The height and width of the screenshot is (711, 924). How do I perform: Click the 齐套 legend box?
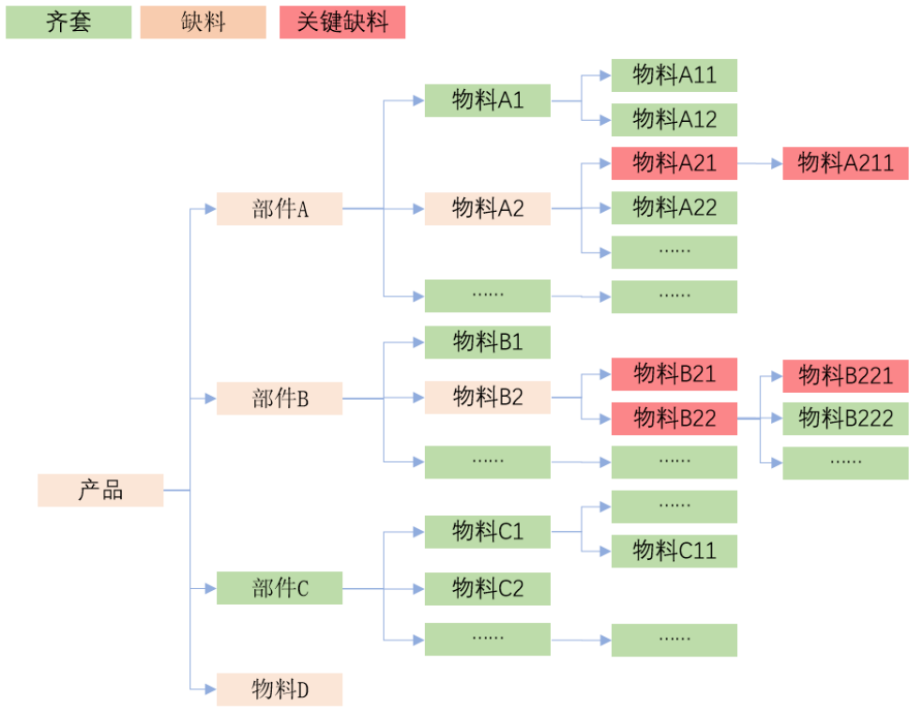(68, 23)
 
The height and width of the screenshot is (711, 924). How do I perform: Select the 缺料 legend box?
(203, 23)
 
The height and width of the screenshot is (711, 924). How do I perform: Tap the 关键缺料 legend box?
(342, 23)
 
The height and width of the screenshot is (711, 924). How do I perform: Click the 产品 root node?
(100, 490)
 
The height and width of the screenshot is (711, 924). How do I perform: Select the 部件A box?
(280, 209)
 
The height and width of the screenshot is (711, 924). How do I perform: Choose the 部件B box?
(280, 399)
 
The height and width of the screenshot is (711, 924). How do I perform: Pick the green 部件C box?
(280, 588)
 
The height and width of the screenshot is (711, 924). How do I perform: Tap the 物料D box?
(280, 689)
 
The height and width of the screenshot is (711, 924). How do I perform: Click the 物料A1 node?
(487, 100)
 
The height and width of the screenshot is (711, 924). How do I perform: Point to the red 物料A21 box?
(674, 163)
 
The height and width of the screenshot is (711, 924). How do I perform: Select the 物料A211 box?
(845, 163)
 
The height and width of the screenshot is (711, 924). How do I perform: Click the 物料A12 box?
(674, 119)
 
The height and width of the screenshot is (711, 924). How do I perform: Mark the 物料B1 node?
(487, 342)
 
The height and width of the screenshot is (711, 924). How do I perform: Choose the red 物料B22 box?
(674, 418)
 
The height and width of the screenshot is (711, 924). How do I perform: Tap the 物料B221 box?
(845, 375)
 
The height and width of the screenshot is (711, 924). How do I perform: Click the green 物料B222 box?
(845, 418)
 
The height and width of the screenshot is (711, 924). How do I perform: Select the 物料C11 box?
(674, 551)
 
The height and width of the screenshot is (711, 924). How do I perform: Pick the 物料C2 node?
(487, 588)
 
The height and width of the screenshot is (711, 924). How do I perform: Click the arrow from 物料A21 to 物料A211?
(760, 163)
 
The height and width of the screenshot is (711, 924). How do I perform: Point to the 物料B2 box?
(487, 397)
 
